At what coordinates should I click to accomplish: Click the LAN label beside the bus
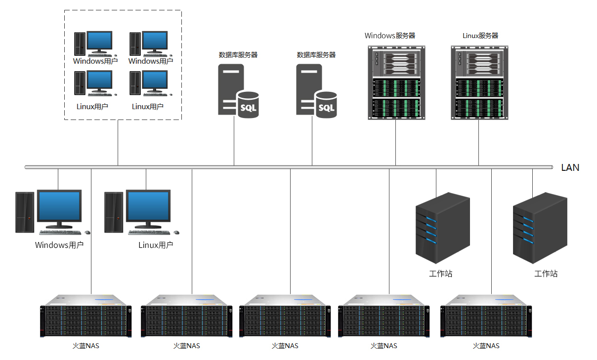(x=570, y=167)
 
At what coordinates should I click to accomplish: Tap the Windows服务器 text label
(x=390, y=36)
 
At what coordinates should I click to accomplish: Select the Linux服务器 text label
(x=480, y=36)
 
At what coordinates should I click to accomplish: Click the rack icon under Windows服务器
(x=396, y=82)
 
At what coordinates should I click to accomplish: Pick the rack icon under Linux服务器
(x=479, y=82)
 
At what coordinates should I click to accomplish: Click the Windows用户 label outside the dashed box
(x=59, y=245)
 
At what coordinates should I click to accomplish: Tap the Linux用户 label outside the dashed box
(x=156, y=245)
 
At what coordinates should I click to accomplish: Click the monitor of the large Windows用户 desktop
(x=59, y=207)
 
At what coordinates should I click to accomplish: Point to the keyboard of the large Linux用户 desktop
(x=150, y=232)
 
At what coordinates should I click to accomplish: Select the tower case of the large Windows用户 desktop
(x=24, y=212)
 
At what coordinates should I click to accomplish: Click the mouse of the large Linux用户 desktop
(x=177, y=233)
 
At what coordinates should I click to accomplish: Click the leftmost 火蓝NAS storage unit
(x=86, y=316)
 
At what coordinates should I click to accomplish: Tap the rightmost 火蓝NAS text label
(x=486, y=346)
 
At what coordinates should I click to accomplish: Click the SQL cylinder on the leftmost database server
(x=248, y=105)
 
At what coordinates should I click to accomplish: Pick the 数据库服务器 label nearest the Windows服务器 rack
(x=316, y=55)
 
